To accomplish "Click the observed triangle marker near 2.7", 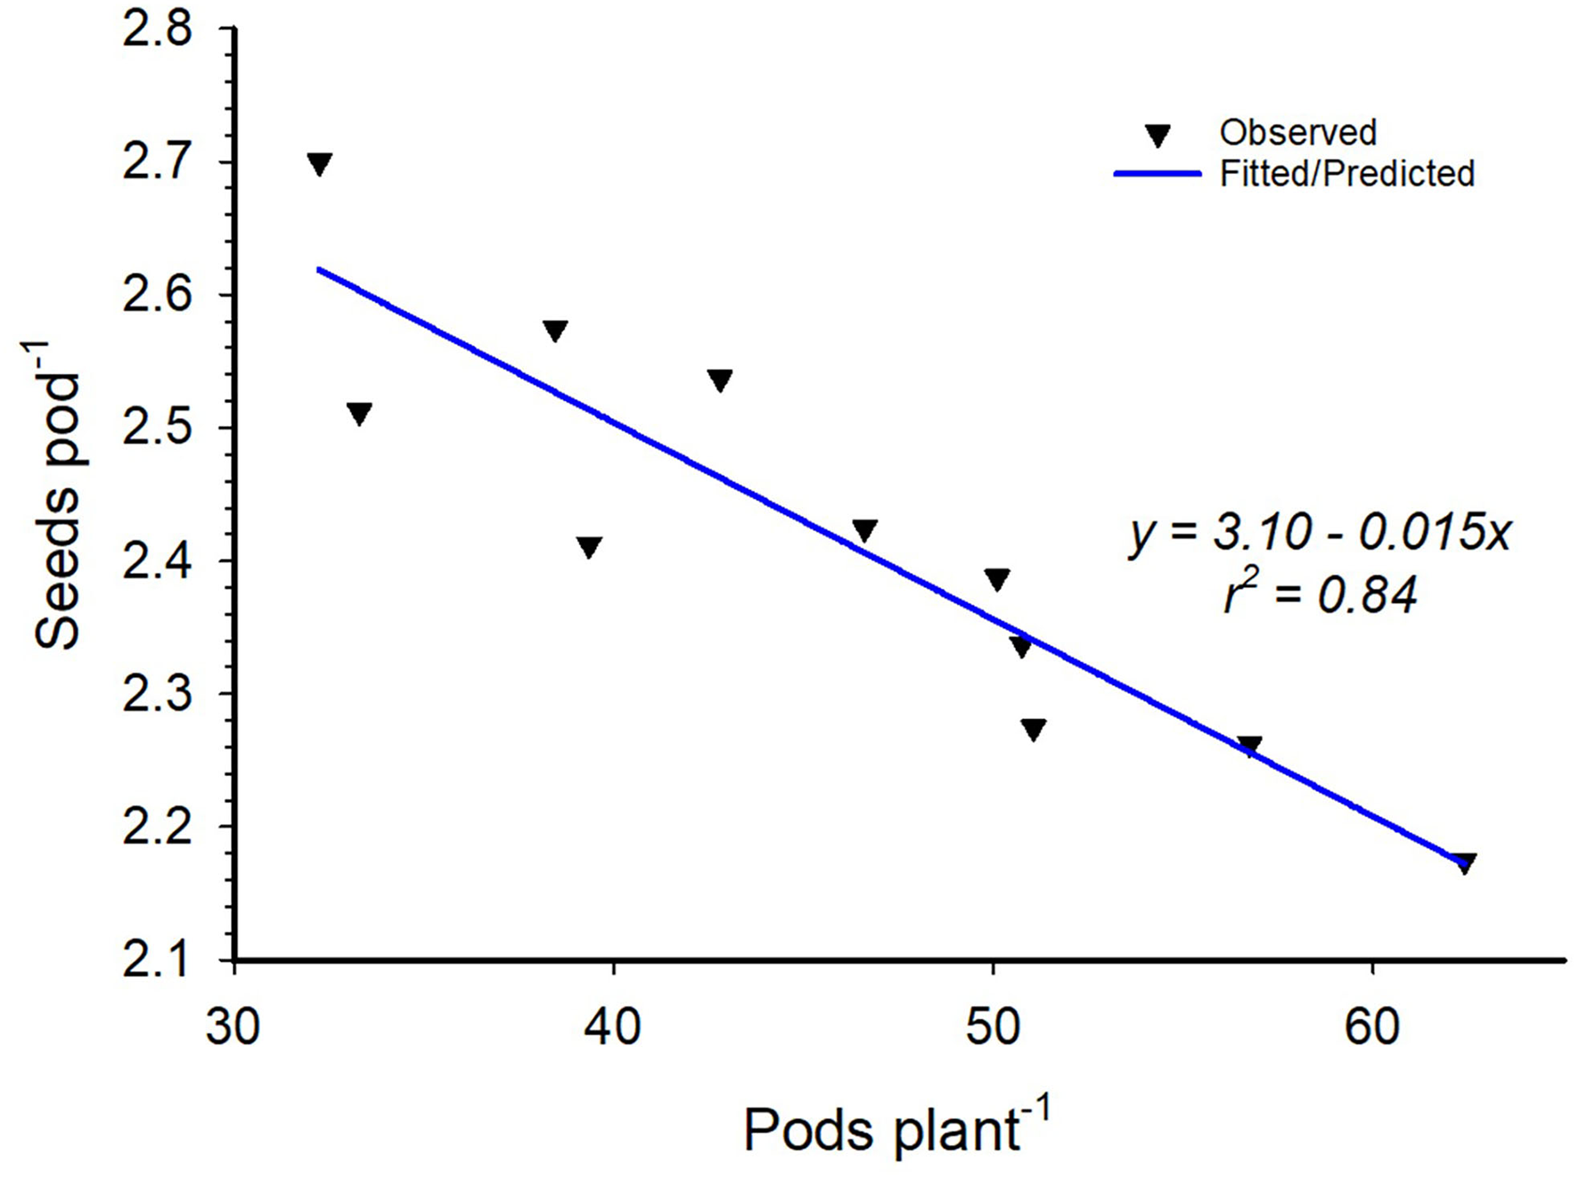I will tap(319, 164).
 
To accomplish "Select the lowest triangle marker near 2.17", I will tap(1464, 862).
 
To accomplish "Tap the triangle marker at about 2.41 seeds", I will tap(589, 546).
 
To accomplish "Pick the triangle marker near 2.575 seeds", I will tap(555, 331).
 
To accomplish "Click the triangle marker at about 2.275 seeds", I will tap(1033, 729).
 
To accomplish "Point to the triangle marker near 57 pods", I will tap(1249, 746).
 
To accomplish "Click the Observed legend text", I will tap(1297, 133).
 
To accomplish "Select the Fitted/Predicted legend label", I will tap(1346, 174).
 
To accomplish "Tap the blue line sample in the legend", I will tap(1158, 175).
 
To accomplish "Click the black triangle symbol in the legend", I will tap(1158, 135).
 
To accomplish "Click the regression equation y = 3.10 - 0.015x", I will tap(1320, 534).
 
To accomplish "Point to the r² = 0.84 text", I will tap(1320, 595).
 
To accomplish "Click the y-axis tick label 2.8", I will tap(158, 29).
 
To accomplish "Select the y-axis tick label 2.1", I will tap(158, 960).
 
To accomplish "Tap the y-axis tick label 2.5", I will tap(158, 429).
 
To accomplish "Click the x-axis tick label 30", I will tap(233, 1026).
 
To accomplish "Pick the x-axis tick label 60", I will tap(1371, 1026).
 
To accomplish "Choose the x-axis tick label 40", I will tap(612, 1026).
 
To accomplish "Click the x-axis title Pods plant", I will tap(896, 1130).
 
